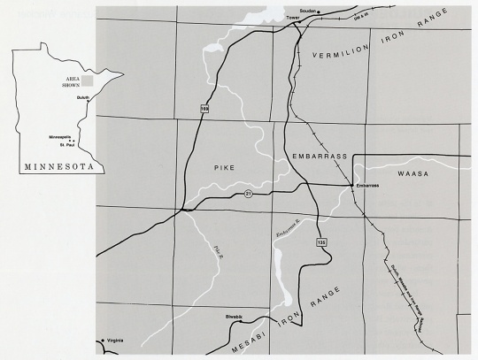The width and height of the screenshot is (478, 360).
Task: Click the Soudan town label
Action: click(308, 11)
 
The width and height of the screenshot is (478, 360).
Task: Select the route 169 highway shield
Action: click(204, 109)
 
